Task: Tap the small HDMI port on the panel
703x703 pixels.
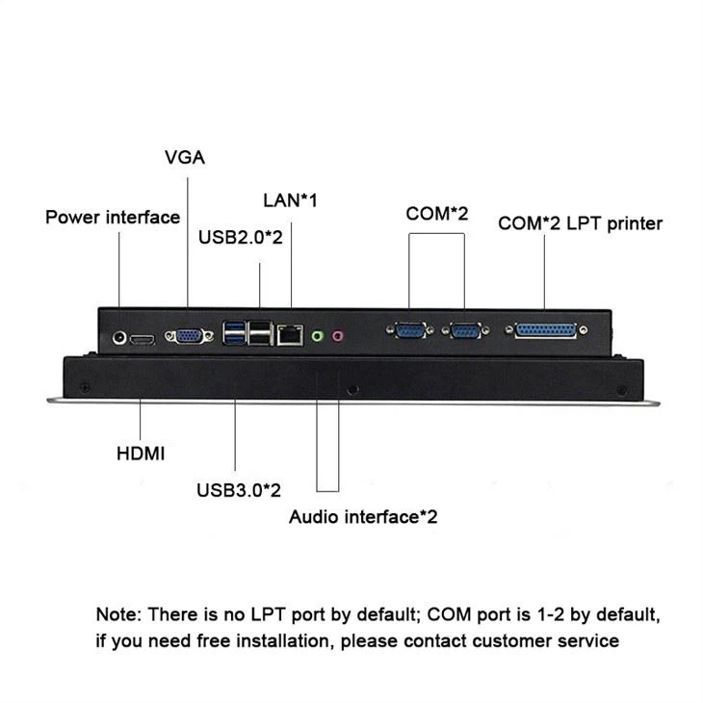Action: [x=143, y=340]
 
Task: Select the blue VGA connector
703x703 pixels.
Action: [x=186, y=336]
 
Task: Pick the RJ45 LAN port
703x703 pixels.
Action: [x=289, y=335]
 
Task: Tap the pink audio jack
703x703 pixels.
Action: [x=338, y=336]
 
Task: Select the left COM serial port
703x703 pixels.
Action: [x=409, y=332]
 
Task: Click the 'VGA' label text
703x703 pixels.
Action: [x=185, y=158]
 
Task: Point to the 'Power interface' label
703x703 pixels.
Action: [x=113, y=217]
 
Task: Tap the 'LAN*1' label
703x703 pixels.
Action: [x=290, y=200]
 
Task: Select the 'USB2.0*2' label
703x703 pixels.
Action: [x=240, y=237]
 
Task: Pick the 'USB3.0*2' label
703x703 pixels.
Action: [x=239, y=490]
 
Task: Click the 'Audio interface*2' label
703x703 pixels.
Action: [x=363, y=517]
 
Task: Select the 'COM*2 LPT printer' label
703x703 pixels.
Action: [x=580, y=223]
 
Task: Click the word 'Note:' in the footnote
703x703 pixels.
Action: [x=117, y=613]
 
